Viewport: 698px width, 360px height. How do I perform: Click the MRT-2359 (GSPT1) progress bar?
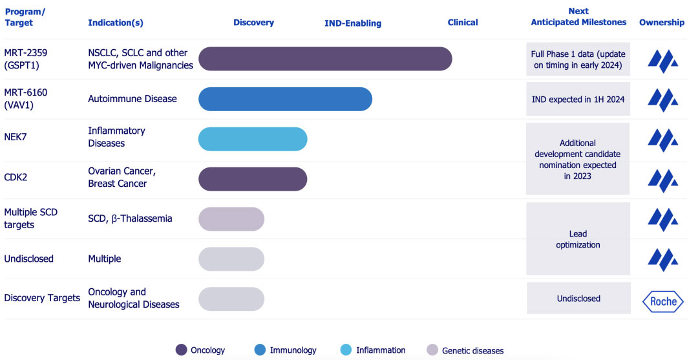tap(325, 59)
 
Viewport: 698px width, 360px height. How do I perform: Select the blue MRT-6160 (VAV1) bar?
tap(285, 99)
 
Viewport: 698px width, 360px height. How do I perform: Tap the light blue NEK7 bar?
tap(253, 139)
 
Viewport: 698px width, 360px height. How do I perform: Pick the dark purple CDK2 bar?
tap(253, 179)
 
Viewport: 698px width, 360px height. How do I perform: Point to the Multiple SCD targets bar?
tap(231, 219)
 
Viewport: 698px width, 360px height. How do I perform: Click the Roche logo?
tap(662, 301)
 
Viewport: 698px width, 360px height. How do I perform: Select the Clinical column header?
tap(463, 23)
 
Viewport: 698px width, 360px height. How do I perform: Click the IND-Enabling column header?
tap(353, 23)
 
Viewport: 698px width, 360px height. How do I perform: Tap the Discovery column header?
tap(253, 23)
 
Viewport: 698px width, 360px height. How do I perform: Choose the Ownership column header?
tap(662, 23)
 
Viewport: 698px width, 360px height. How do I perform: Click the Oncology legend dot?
tap(182, 350)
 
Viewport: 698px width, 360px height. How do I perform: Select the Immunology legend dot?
tap(260, 350)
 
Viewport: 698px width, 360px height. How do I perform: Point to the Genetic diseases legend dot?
tap(432, 350)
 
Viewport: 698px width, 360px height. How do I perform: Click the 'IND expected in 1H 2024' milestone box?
tap(578, 100)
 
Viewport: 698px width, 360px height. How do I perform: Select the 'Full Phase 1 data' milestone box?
tap(578, 59)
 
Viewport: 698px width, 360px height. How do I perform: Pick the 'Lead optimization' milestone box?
tap(578, 239)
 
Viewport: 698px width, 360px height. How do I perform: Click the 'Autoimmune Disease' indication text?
tap(132, 99)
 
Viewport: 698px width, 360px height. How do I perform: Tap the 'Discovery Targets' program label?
tap(42, 298)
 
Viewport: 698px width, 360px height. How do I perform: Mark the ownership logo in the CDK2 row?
tap(662, 180)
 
